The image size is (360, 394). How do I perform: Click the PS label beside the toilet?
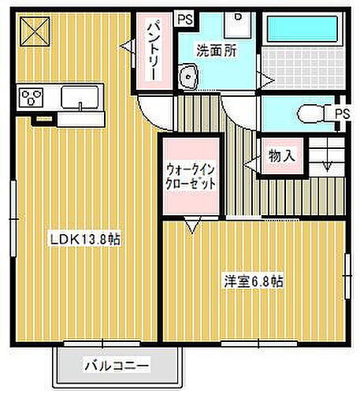(341, 114)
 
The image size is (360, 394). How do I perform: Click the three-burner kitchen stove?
(33, 98)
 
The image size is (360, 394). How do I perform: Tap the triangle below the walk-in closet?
(191, 227)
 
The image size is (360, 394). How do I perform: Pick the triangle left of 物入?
(250, 163)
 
